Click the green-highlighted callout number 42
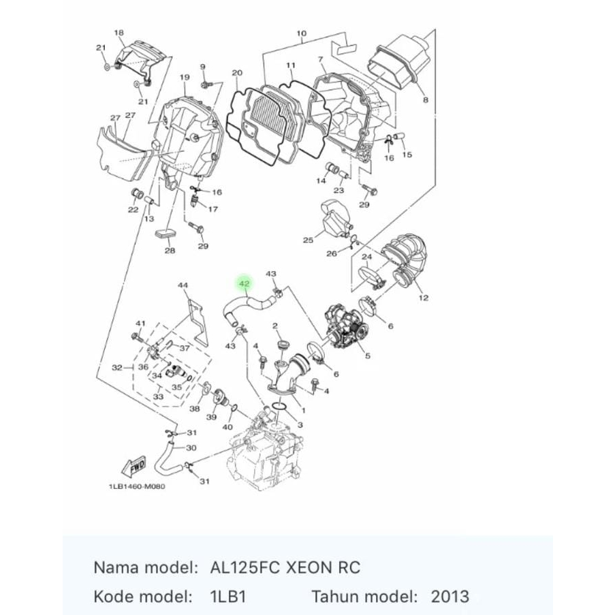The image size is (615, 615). [x=244, y=284]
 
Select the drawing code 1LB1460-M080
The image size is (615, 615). [x=136, y=487]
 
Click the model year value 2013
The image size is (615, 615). [x=450, y=597]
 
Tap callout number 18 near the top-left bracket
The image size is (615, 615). [x=119, y=33]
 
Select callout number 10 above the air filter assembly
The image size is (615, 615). [x=302, y=33]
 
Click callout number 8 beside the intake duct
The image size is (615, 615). [x=426, y=100]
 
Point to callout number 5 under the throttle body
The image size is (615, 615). [x=368, y=355]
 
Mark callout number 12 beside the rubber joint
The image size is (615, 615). [x=424, y=298]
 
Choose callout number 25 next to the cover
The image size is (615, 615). [x=308, y=240]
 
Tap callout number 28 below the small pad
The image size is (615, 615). [x=170, y=251]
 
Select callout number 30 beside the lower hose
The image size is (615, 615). [x=191, y=447]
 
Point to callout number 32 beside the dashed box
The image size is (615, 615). [x=117, y=367]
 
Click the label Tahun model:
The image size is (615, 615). [x=364, y=597]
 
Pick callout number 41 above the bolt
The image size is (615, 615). [x=141, y=323]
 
